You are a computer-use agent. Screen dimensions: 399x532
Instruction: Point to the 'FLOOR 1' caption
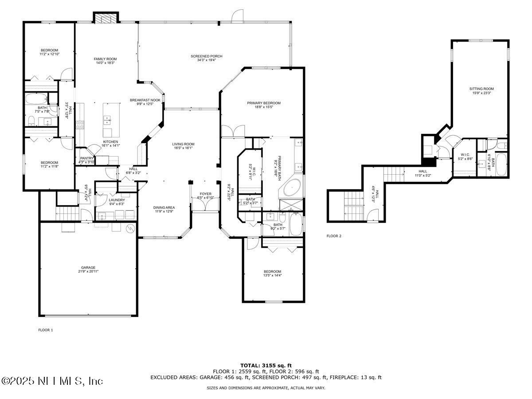pyautogui.click(x=45, y=330)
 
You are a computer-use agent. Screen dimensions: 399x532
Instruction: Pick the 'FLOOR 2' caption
pyautogui.click(x=334, y=236)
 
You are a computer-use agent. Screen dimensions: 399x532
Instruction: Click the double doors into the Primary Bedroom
pyautogui.click(x=233, y=131)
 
